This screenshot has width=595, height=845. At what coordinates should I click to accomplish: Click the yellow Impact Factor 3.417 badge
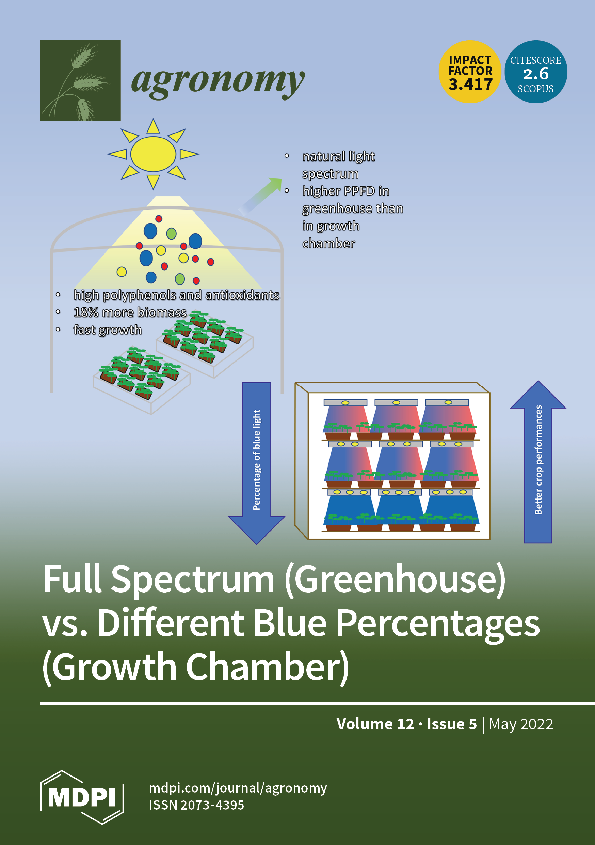pos(470,72)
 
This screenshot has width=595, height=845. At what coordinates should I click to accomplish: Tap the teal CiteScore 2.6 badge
pos(535,72)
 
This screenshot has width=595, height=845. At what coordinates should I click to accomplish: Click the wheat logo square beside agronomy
pos(80,80)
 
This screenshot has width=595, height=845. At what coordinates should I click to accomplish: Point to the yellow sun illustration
pos(153,154)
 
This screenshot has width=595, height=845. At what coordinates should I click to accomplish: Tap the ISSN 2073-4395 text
pos(196,805)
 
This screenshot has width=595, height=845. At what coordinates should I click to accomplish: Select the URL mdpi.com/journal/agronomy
pos(238,788)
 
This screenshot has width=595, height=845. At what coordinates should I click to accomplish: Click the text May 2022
pos(521,724)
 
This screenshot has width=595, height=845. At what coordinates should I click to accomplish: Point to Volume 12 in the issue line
pos(375,724)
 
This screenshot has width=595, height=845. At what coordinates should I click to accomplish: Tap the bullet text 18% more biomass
pos(130,312)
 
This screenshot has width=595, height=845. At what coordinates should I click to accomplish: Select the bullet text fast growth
pos(107,329)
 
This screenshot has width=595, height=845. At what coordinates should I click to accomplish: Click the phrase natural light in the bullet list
pos(338,156)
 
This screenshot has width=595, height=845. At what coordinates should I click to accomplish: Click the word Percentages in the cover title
pos(438,623)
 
